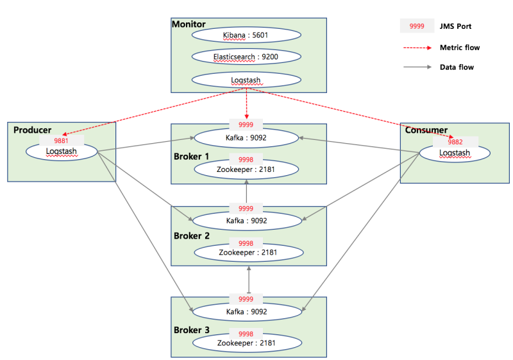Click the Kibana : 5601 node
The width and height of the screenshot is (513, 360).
click(x=246, y=35)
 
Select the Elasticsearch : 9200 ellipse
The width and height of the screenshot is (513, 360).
click(x=246, y=57)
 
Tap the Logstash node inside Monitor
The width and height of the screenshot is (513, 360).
click(x=246, y=80)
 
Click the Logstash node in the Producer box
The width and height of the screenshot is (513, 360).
click(x=62, y=151)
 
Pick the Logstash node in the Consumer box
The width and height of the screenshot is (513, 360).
click(x=455, y=153)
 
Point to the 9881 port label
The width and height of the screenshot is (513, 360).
click(x=62, y=140)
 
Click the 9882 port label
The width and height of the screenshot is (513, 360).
click(x=455, y=142)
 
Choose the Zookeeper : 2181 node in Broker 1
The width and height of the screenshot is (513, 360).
click(x=246, y=169)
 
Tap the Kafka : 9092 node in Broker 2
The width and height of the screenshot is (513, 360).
click(x=246, y=221)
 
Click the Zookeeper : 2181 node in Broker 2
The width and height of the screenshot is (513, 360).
click(x=246, y=253)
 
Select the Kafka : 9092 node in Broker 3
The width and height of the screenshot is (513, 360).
click(x=246, y=311)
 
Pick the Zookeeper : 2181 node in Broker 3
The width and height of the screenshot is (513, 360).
click(x=246, y=343)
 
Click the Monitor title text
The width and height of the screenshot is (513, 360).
click(x=189, y=24)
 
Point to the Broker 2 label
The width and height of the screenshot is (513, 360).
click(x=191, y=236)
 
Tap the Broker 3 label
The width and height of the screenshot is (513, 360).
click(x=191, y=330)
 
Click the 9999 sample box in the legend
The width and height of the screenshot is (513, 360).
click(x=417, y=26)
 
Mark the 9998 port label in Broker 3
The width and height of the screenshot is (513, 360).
click(x=246, y=334)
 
